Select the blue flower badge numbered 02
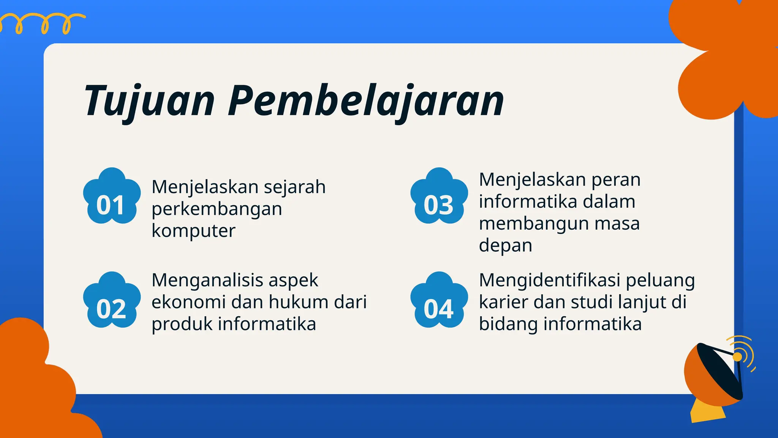click(112, 301)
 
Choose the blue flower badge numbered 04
click(439, 301)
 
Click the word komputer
click(193, 231)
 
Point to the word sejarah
click(294, 187)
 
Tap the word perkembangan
click(217, 209)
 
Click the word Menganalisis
click(207, 280)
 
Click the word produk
click(182, 324)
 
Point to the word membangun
click(533, 224)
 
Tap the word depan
click(505, 246)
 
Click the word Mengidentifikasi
click(549, 280)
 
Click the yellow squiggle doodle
click(42, 23)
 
